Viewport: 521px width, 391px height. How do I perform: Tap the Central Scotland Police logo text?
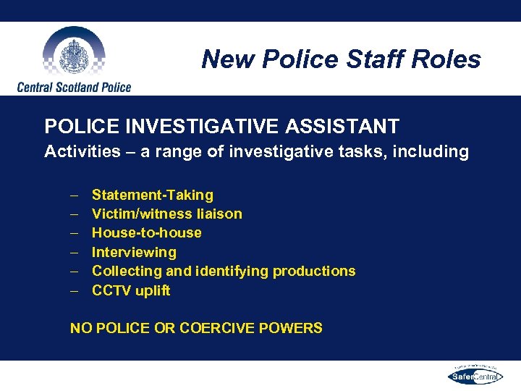pos(74,87)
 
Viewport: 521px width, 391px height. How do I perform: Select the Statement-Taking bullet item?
pos(153,195)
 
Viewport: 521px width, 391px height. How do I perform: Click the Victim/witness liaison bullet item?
pos(167,214)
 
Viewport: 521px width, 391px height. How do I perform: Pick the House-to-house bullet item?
pos(147,232)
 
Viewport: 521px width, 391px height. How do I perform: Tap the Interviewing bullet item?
pos(134,252)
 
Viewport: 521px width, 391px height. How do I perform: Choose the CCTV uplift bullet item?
pos(131,290)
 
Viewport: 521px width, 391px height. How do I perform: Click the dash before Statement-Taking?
pos(75,195)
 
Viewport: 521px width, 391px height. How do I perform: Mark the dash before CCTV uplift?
pos(75,291)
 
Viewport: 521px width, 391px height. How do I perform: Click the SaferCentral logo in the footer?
pos(474,376)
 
